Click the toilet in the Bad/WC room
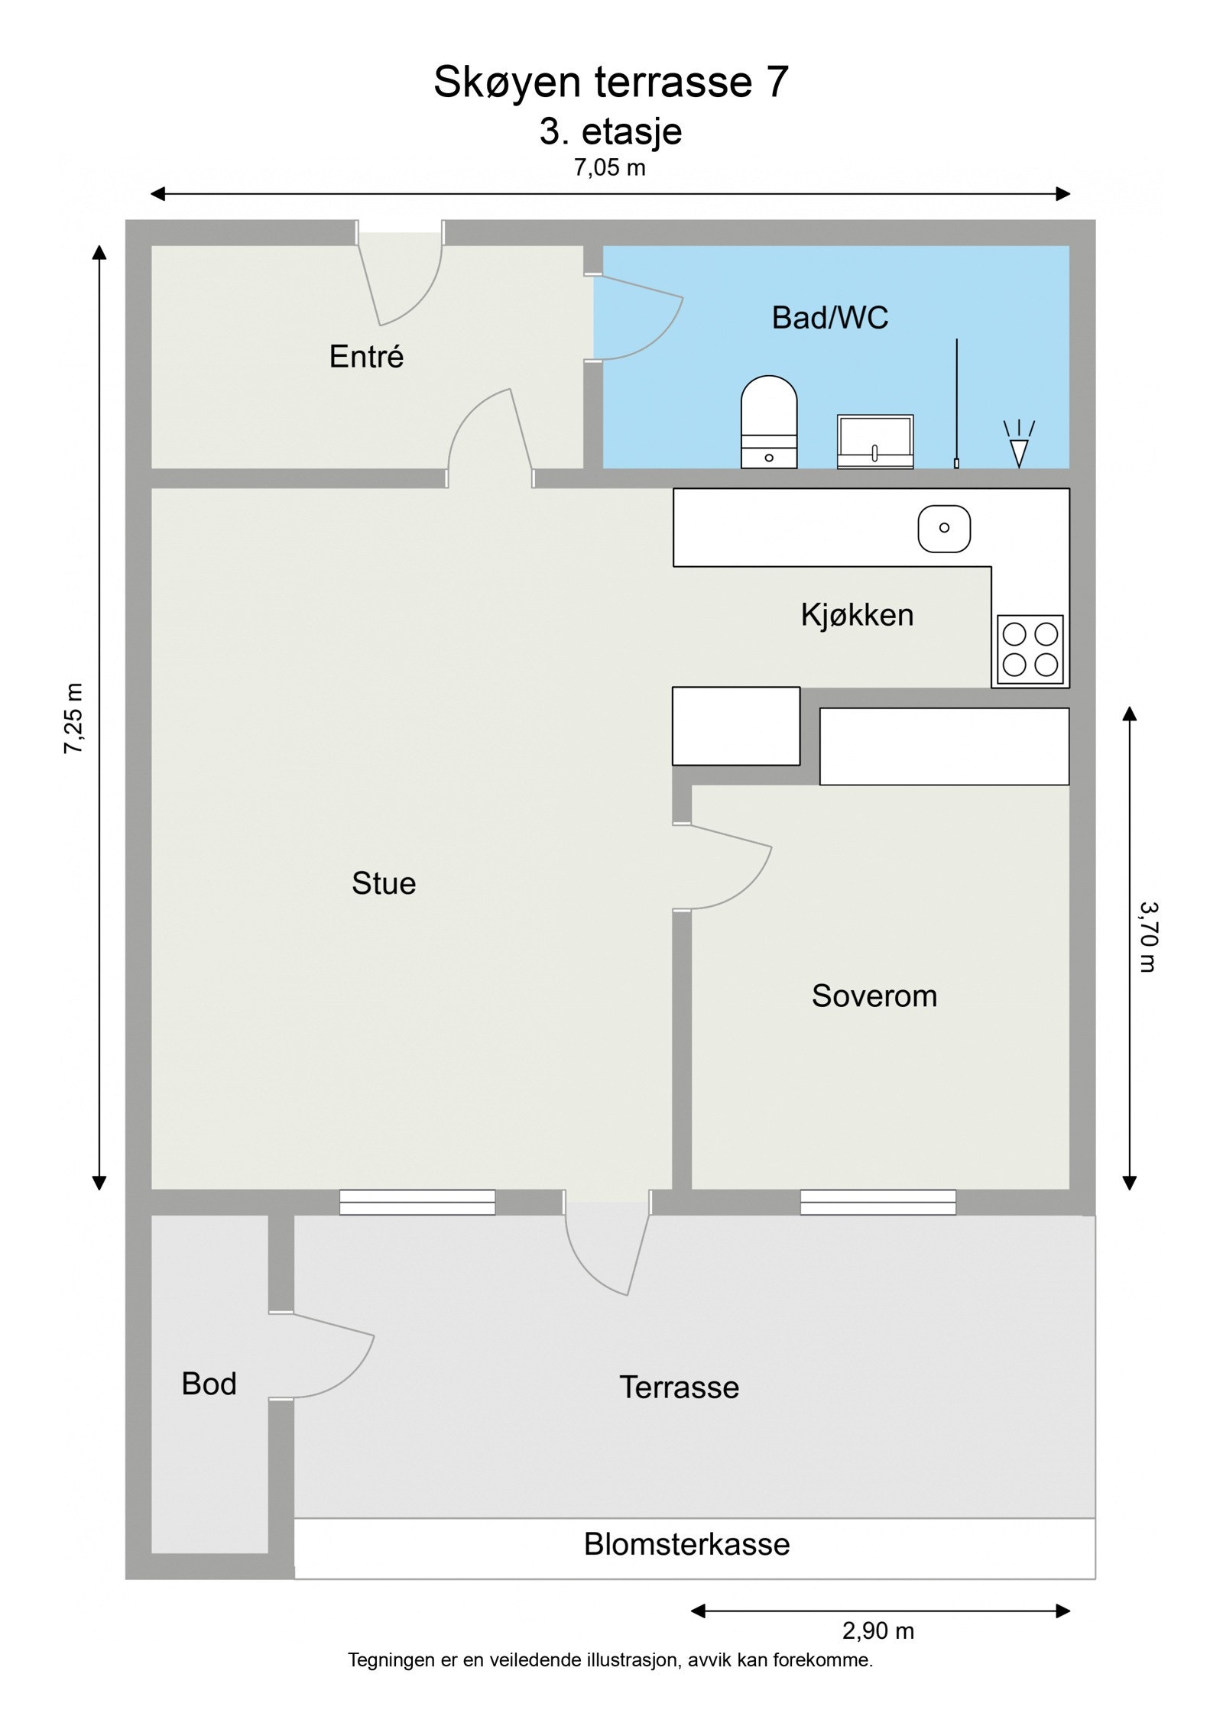(x=769, y=422)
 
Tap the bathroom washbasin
(x=875, y=442)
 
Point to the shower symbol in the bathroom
(x=1019, y=444)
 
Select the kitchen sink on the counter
(x=944, y=528)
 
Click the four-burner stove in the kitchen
(x=1030, y=649)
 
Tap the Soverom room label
(x=874, y=996)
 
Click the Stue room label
(x=384, y=883)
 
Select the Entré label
(x=366, y=356)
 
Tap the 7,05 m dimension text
(x=610, y=167)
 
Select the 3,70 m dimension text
(x=1148, y=937)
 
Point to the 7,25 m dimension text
(x=73, y=718)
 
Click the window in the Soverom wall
(x=878, y=1202)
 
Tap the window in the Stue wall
(x=417, y=1202)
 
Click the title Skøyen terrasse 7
(x=611, y=82)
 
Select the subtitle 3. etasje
(x=611, y=132)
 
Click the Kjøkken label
(x=857, y=615)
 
